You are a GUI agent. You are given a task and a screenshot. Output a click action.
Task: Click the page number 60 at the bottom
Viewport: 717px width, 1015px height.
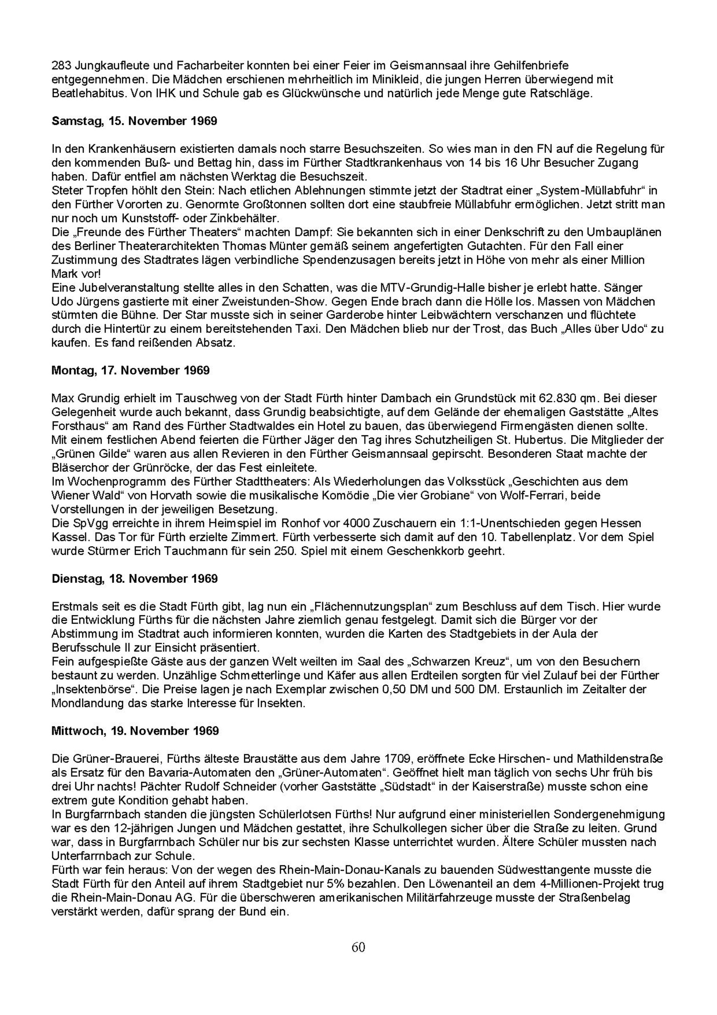pos(358,947)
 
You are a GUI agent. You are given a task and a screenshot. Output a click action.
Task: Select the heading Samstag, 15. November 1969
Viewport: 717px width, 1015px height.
pos(134,121)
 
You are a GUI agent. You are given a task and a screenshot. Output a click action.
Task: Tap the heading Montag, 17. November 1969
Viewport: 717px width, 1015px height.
pos(130,370)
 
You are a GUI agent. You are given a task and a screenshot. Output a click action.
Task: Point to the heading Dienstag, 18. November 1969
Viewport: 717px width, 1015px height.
pos(134,579)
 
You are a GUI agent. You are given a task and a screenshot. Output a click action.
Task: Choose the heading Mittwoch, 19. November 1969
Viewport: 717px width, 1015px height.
pos(135,731)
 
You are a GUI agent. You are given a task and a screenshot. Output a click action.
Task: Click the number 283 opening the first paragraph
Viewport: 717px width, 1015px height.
pos(61,65)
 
